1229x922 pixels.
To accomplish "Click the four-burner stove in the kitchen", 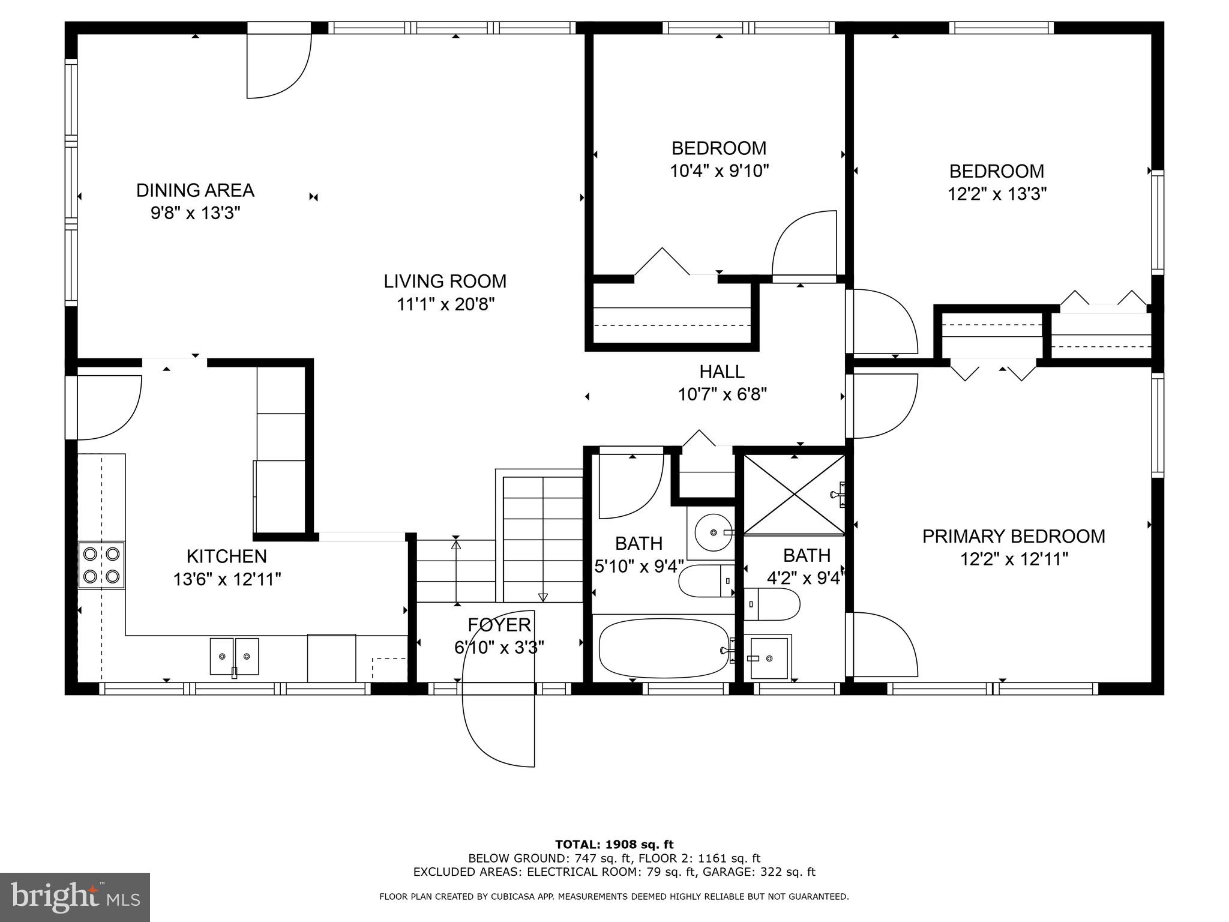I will point(101,565).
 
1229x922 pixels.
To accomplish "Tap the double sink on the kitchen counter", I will point(234,656).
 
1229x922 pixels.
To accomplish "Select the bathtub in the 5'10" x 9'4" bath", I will point(664,649).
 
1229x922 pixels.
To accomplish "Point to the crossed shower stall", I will point(794,494).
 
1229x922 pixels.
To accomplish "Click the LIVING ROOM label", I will point(445,281).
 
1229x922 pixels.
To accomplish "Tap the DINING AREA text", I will point(195,190).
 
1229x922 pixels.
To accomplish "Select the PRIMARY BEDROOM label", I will point(1013,536).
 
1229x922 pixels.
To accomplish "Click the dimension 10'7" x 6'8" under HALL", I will point(722,394).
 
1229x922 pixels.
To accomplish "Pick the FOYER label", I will point(499,625).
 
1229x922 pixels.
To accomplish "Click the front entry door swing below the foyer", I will point(499,729).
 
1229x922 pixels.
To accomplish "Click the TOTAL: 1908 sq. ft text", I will point(614,845).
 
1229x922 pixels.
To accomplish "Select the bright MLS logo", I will point(75,897).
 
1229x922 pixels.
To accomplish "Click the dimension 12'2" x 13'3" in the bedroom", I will point(997,194).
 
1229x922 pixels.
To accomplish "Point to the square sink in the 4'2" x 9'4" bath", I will point(769,658).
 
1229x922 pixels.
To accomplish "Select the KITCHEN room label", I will point(226,556).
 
